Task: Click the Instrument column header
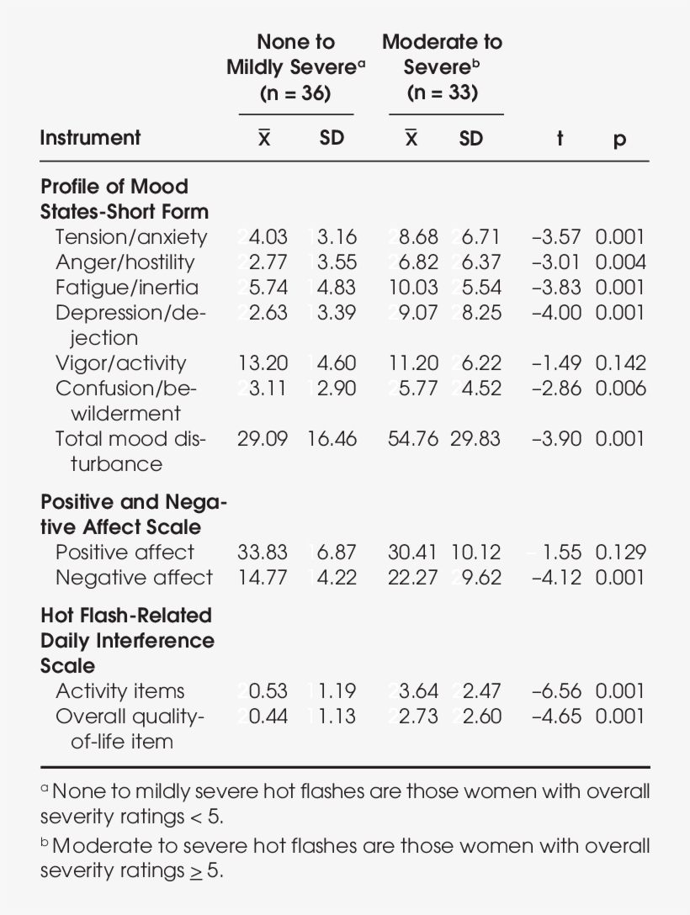(x=90, y=138)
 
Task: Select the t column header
(x=560, y=138)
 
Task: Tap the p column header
(x=619, y=140)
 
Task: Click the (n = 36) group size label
(x=295, y=93)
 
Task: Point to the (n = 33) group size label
(x=442, y=93)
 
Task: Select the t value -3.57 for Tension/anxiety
(x=556, y=237)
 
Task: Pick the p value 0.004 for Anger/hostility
(x=620, y=262)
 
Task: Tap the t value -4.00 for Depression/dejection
(x=556, y=313)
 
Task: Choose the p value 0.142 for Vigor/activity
(x=620, y=363)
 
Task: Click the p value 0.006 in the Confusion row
(x=620, y=389)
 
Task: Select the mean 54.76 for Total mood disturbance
(x=413, y=439)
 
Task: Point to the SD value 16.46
(x=332, y=439)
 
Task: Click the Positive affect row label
(x=125, y=553)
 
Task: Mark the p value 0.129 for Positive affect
(x=620, y=553)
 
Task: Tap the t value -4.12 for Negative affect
(x=556, y=578)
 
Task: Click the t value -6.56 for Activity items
(x=556, y=691)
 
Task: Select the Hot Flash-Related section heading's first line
(x=125, y=616)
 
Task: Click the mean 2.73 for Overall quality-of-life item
(x=418, y=717)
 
